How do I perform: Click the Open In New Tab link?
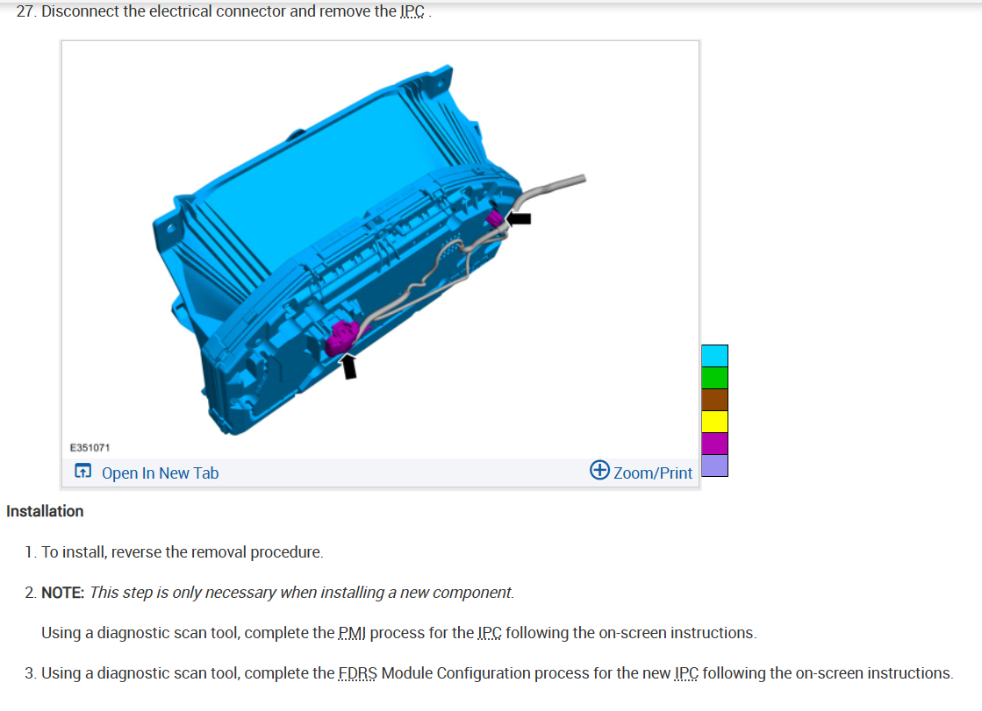coord(161,473)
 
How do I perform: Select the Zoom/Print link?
coord(653,473)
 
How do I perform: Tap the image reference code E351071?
coord(90,447)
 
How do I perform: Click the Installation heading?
coord(45,511)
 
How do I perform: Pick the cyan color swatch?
coord(714,356)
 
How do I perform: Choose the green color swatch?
coord(714,377)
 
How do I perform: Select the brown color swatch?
coord(714,399)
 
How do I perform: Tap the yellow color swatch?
coord(714,421)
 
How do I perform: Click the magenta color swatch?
coord(714,443)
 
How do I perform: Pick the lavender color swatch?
coord(714,465)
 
